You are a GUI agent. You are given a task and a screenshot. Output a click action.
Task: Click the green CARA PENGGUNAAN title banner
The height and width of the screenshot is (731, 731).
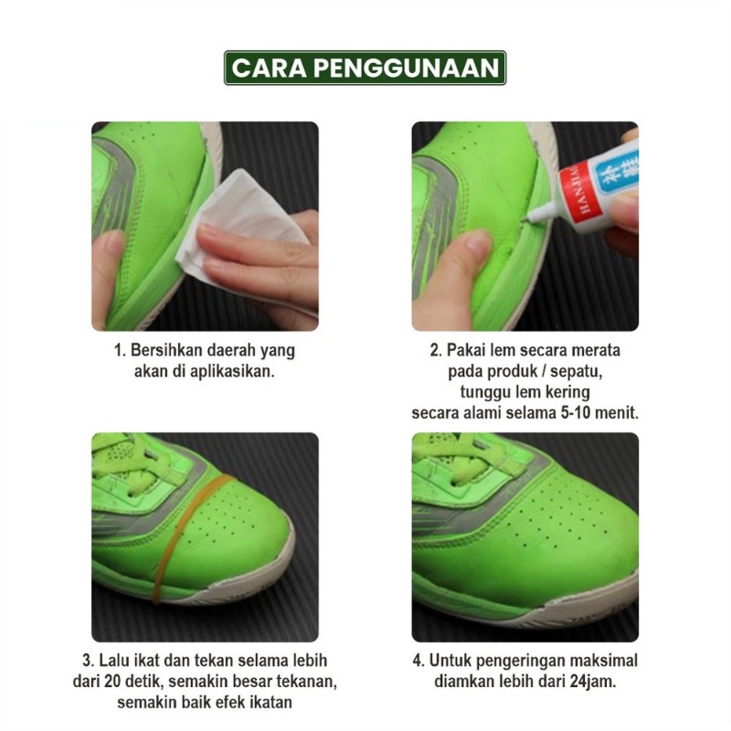(365, 68)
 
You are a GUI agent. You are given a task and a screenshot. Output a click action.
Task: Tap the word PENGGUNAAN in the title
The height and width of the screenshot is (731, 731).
(406, 68)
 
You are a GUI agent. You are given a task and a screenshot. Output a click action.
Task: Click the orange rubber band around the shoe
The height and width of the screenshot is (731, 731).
(186, 536)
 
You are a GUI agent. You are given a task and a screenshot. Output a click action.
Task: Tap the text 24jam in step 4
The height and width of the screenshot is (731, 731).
(592, 682)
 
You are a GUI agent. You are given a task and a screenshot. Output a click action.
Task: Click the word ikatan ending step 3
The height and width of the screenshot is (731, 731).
(270, 702)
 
